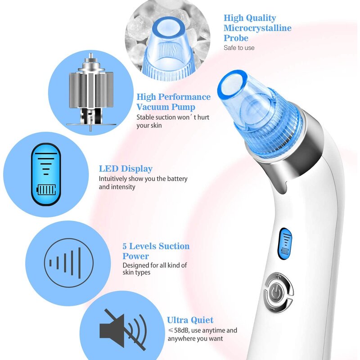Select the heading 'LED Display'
126,169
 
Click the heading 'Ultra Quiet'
190,320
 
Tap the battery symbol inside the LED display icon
46,189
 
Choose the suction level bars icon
65,261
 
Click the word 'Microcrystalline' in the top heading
257,28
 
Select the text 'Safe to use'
239,48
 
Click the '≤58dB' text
179,330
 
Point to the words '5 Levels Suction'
156,246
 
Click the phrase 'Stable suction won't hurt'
173,117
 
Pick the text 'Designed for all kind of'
154,265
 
